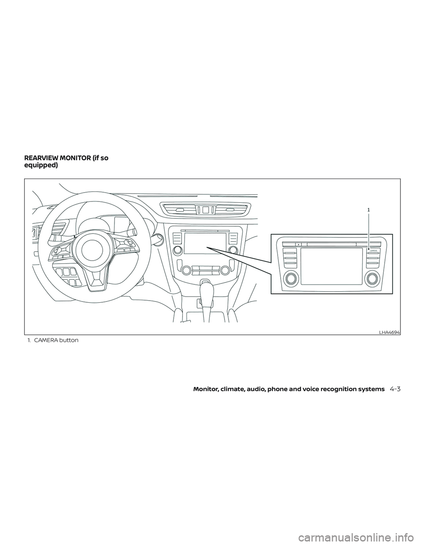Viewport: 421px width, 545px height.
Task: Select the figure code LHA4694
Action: coord(390,332)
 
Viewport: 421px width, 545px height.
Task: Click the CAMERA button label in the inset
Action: coord(374,250)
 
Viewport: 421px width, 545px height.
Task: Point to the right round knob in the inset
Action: coord(373,278)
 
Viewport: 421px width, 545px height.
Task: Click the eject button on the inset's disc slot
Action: coord(298,244)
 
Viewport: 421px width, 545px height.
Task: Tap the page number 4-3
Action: coord(395,389)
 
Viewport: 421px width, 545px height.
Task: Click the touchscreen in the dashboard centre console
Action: coord(204,243)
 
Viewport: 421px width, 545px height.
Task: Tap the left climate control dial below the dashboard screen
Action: coord(186,270)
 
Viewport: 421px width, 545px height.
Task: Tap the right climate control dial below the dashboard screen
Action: coord(225,270)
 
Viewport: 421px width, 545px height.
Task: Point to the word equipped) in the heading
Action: coord(41,166)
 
